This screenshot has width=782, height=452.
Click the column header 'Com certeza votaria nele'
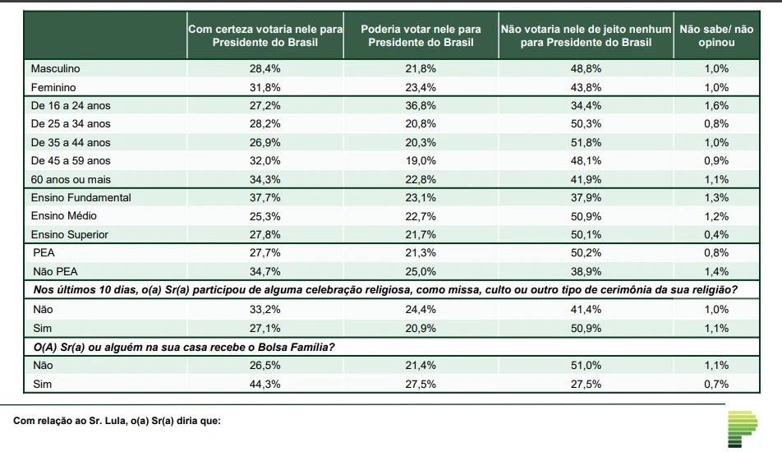click(x=265, y=35)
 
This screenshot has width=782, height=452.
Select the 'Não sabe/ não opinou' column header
click(x=716, y=35)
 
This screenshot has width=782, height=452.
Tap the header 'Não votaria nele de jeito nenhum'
click(x=586, y=35)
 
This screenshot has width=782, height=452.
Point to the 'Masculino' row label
click(x=56, y=69)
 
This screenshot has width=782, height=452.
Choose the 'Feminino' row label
click(x=54, y=87)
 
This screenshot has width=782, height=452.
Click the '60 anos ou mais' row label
click(x=70, y=179)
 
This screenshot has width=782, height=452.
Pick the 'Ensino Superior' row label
click(x=70, y=234)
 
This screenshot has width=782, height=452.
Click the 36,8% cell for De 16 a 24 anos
click(x=421, y=106)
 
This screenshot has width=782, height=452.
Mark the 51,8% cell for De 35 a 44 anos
click(x=586, y=142)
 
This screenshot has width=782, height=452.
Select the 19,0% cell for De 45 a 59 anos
click(x=421, y=161)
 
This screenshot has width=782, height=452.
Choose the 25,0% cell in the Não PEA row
click(x=421, y=271)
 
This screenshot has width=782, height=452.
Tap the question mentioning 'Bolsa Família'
click(x=186, y=346)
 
